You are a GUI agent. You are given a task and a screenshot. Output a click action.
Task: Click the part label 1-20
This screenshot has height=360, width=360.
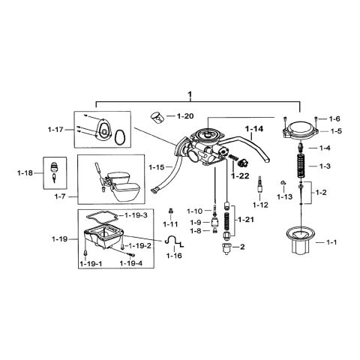[184, 117]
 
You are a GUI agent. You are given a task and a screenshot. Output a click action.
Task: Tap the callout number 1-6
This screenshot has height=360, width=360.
[334, 118]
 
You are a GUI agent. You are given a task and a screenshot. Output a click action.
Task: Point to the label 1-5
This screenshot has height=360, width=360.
[334, 132]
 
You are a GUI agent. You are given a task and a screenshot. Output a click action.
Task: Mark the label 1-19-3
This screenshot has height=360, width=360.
[136, 215]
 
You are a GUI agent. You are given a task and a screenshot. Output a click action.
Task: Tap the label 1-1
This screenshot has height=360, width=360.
[331, 244]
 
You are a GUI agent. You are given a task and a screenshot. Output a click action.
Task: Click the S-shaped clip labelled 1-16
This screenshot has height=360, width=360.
[175, 242]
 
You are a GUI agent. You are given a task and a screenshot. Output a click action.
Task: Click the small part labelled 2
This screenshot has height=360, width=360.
[223, 247]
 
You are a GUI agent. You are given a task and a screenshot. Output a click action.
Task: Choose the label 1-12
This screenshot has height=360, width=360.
[260, 205]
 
